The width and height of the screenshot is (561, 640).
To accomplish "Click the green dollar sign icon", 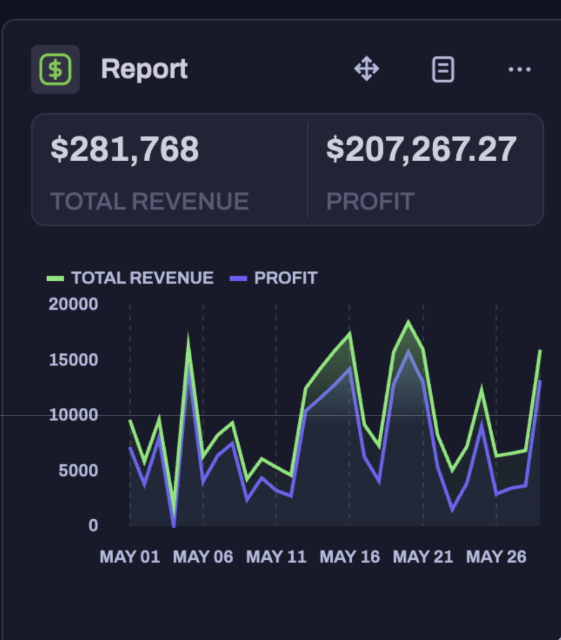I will (55, 70).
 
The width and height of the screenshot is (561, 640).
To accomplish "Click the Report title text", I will (144, 70).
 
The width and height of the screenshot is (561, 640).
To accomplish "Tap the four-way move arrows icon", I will (367, 70).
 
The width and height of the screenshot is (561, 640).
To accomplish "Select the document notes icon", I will (443, 70).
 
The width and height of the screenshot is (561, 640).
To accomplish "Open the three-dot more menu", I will (519, 70).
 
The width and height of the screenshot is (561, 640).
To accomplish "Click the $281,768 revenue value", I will (125, 149).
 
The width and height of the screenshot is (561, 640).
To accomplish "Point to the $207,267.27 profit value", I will (421, 149).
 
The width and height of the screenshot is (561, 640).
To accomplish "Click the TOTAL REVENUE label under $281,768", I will (150, 202).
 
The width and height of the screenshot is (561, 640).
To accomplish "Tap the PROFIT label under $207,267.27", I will (370, 202).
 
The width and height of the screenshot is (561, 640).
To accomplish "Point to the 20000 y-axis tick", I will (73, 305).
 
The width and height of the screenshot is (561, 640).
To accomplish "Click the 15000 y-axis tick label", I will (73, 360).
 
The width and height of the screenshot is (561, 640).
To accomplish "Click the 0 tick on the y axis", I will (93, 526).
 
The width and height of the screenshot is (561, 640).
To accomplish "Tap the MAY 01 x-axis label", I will (130, 557).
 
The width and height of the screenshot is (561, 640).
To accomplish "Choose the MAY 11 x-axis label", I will (276, 557).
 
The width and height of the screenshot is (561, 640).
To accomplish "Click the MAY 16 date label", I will (349, 557).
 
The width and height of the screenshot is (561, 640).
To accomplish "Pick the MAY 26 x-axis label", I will (496, 557).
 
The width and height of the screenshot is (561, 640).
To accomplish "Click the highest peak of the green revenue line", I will (408, 323).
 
